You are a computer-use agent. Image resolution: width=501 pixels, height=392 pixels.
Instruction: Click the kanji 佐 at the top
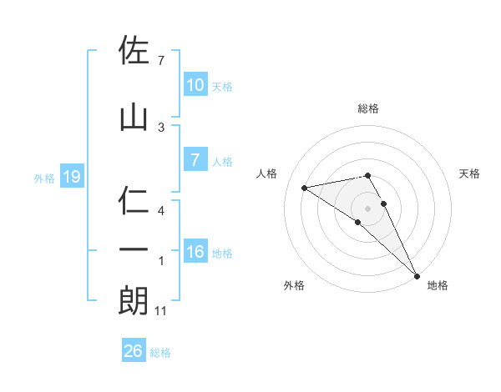click(x=134, y=52)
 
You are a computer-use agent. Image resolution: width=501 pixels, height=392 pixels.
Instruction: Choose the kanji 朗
click(x=134, y=300)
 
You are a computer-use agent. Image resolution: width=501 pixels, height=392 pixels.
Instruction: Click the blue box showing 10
click(x=195, y=85)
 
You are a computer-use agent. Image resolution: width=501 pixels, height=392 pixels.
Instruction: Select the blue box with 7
click(x=195, y=161)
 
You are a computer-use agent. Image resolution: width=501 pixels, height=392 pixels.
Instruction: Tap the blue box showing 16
click(x=195, y=252)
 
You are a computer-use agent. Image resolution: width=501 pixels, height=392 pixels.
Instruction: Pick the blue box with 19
click(x=71, y=177)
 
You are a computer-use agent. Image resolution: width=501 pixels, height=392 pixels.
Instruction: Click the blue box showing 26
click(x=133, y=351)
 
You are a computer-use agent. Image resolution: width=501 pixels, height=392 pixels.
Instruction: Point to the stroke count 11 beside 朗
click(x=162, y=311)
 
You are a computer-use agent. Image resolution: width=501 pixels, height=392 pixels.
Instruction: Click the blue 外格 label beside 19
click(x=44, y=178)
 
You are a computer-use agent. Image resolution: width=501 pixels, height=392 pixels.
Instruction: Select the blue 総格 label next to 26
click(x=160, y=353)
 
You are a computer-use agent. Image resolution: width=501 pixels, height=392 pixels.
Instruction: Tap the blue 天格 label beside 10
click(x=222, y=86)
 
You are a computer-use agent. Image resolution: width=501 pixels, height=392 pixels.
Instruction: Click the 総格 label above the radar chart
click(x=367, y=108)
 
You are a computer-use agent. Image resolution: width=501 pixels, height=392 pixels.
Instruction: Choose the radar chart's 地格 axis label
click(x=438, y=285)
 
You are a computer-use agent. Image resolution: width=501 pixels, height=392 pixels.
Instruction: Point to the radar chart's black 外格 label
click(x=294, y=285)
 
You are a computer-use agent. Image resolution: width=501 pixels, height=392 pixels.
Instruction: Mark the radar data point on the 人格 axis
click(x=305, y=188)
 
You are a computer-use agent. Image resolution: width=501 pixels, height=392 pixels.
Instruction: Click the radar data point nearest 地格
click(x=417, y=275)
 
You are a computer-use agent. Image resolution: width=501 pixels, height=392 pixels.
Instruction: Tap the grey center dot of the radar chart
click(x=367, y=208)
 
